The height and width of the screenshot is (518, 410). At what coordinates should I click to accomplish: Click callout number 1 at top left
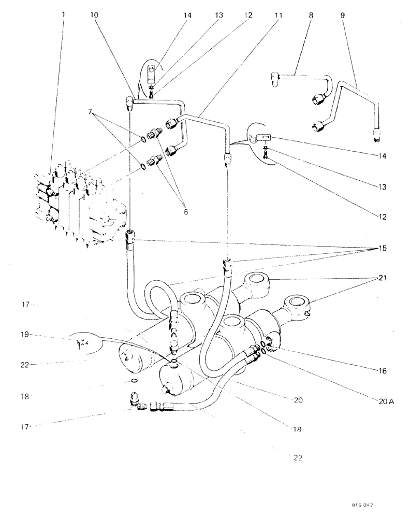pos(64,16)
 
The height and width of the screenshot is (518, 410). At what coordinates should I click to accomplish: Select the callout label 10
pos(93,16)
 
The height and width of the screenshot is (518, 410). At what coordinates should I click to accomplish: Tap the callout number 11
pos(279,16)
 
